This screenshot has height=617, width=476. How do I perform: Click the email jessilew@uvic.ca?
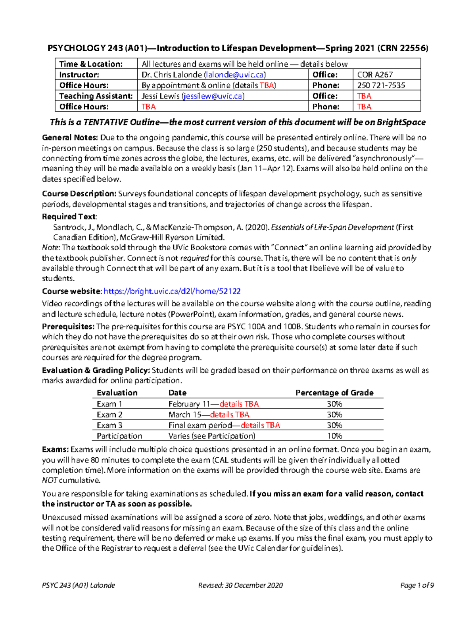click(x=213, y=96)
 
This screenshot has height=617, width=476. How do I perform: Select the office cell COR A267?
click(x=375, y=75)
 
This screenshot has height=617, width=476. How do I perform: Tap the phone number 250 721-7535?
click(x=381, y=85)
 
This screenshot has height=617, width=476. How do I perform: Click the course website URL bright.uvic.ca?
click(x=172, y=291)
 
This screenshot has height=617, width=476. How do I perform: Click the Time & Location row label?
click(x=91, y=64)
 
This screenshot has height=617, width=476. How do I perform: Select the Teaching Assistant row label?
click(x=96, y=96)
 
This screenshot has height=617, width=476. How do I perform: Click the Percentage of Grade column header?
click(x=334, y=393)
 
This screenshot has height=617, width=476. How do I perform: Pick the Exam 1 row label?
click(x=109, y=404)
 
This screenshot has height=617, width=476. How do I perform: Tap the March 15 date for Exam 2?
click(x=184, y=415)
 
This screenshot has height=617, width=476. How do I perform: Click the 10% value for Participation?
click(x=334, y=436)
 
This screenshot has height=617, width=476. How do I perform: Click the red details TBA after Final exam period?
click(x=260, y=426)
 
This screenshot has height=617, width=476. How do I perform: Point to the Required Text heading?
click(x=69, y=217)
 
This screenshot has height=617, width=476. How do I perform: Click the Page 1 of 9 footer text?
click(x=417, y=585)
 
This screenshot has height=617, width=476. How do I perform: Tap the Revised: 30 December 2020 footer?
click(x=240, y=585)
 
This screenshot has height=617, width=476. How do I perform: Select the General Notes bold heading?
click(x=70, y=138)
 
